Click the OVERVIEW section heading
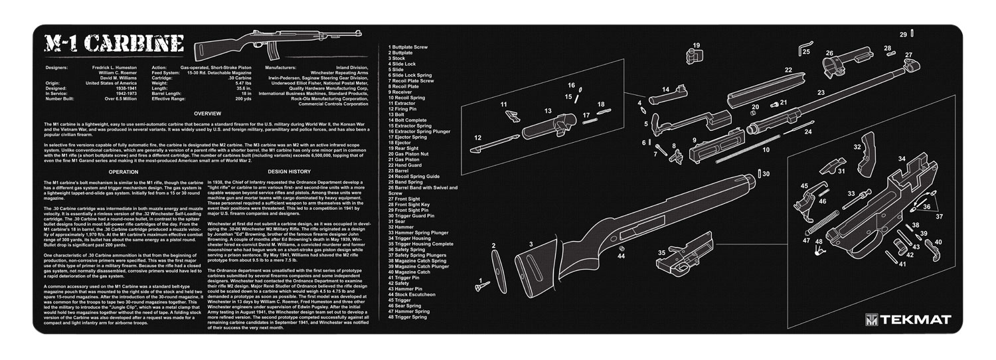[207, 114]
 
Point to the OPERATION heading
[124, 171]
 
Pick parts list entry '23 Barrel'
[402, 171]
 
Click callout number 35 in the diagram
[661, 253]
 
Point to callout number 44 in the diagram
[621, 256]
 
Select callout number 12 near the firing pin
[477, 137]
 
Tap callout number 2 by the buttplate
[493, 246]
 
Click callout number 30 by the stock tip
[766, 174]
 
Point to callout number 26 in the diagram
[829, 53]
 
